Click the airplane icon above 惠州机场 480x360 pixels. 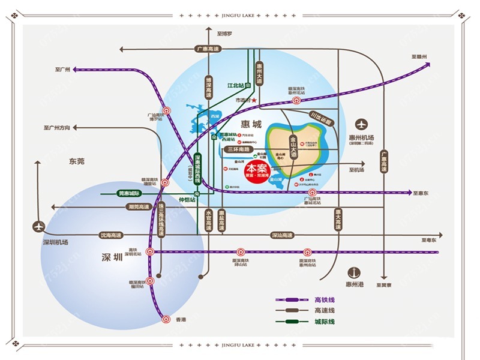[361, 125]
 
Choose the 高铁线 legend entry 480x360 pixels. [324, 299]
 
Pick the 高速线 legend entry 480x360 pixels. [324, 311]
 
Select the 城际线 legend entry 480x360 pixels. [324, 322]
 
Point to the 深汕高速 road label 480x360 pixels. [281, 235]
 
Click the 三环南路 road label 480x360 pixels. [239, 148]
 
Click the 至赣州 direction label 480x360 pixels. [419, 57]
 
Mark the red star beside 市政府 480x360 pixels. [254, 100]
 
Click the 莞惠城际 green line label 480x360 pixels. [128, 193]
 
